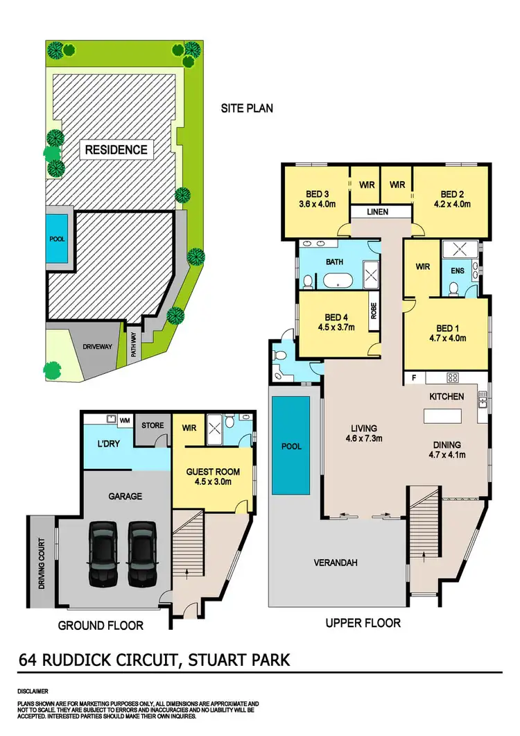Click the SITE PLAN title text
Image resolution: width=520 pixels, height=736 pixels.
(x=247, y=108)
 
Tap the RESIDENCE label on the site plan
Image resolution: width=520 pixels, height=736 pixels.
(x=116, y=149)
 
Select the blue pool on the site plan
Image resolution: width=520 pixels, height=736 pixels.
(x=56, y=239)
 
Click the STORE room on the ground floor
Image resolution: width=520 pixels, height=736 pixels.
(x=152, y=425)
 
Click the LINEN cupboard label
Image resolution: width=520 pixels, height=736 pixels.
(x=378, y=212)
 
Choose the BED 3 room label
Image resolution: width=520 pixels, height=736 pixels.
(x=316, y=194)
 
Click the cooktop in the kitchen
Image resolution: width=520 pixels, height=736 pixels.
(x=453, y=378)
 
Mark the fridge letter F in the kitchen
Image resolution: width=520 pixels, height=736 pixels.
(x=415, y=378)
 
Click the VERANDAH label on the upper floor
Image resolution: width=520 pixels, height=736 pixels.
(x=336, y=563)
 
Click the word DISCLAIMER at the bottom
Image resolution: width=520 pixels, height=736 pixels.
(x=33, y=692)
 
